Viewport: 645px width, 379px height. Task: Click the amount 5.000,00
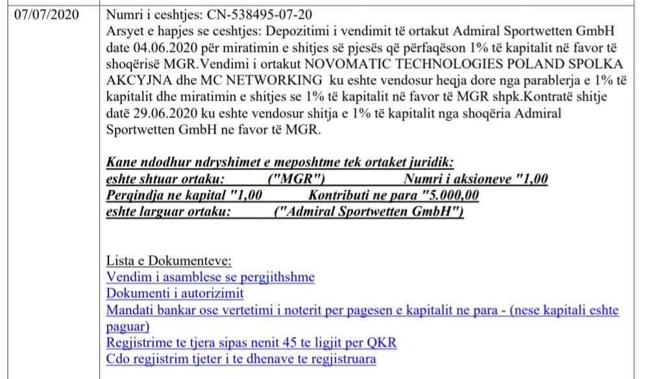tap(452, 195)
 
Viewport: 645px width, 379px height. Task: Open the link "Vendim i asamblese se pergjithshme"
tap(210, 278)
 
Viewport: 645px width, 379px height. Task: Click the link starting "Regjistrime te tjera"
tap(251, 343)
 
